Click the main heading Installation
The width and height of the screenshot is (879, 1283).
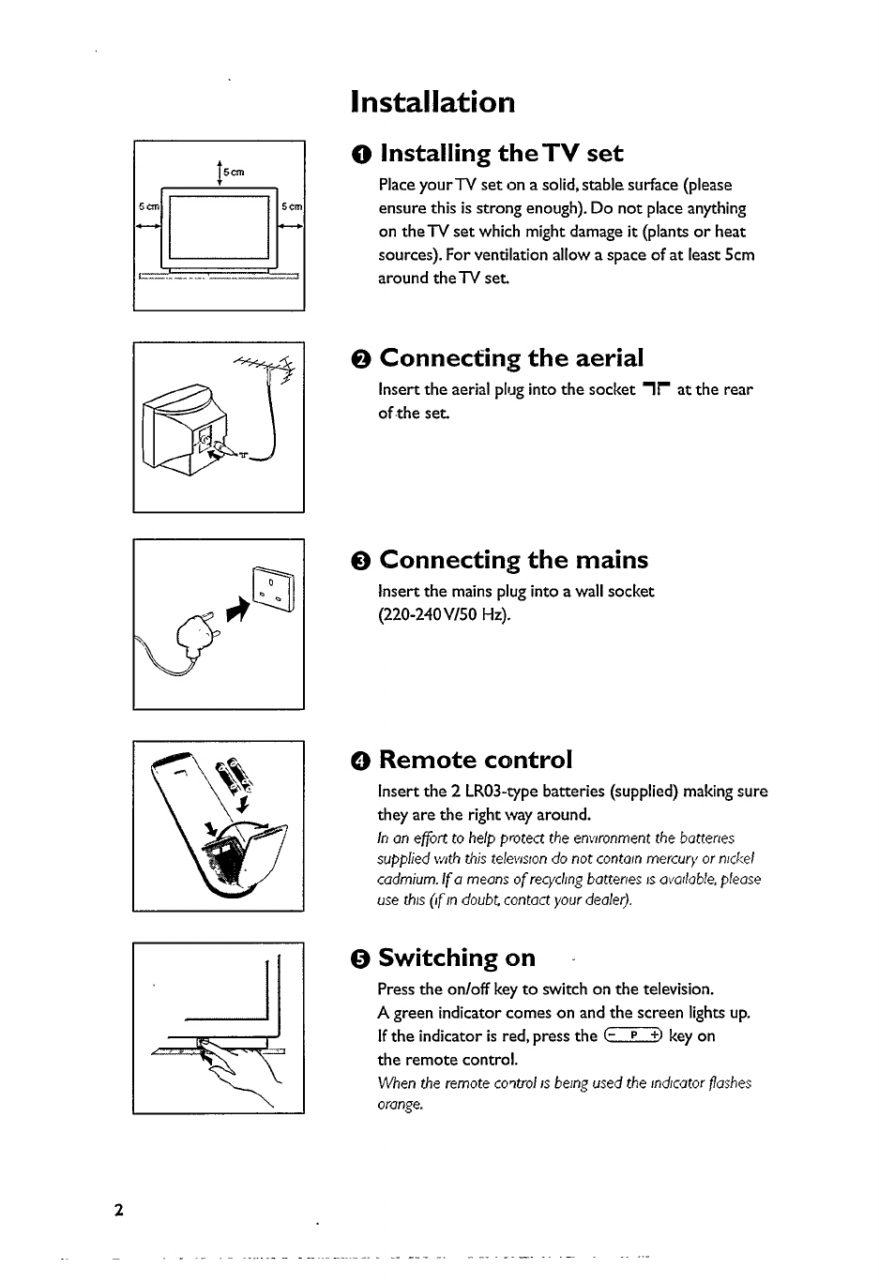(x=432, y=101)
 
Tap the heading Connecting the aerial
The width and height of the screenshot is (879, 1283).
(x=511, y=358)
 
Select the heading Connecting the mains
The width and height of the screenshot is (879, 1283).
(x=513, y=560)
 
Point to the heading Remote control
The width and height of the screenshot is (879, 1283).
(x=475, y=759)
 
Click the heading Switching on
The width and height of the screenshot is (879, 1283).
(x=457, y=958)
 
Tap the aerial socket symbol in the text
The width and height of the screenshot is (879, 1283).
(x=655, y=389)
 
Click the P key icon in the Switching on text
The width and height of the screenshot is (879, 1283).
(x=634, y=1035)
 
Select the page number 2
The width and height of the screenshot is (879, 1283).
(x=118, y=1209)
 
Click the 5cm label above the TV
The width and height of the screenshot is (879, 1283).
(x=234, y=172)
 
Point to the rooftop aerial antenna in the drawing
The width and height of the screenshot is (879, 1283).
(x=264, y=370)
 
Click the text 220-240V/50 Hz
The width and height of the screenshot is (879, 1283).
(x=444, y=615)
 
